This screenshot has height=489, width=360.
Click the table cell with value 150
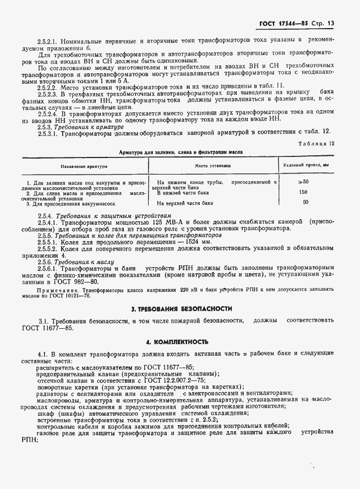click(x=303, y=192)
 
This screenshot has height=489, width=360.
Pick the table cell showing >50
click(x=303, y=182)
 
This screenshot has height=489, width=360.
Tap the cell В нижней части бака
click(x=184, y=193)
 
